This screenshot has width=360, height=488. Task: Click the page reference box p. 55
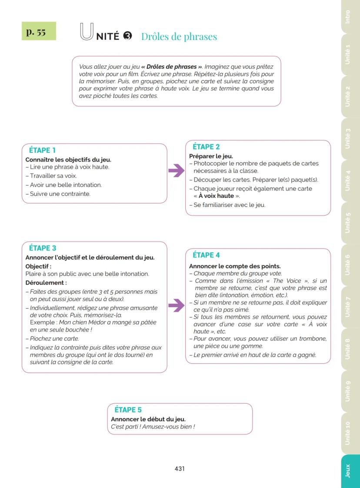tap(39, 31)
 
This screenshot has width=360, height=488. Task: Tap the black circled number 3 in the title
tap(127, 36)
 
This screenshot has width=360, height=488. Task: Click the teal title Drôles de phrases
tap(179, 37)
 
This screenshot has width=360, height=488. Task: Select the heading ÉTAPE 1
tap(42, 150)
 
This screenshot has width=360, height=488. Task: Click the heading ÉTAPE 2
tap(206, 147)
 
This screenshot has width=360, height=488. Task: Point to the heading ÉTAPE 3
tap(43, 248)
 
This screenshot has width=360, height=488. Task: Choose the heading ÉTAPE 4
tap(206, 255)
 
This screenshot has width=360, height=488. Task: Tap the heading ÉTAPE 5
tap(128, 410)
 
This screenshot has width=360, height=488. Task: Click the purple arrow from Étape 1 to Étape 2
tap(176, 171)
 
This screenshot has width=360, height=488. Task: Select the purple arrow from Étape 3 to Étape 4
tap(176, 305)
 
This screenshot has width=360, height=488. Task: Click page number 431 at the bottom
tap(180, 468)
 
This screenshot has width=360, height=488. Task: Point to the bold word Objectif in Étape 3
tap(37, 266)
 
